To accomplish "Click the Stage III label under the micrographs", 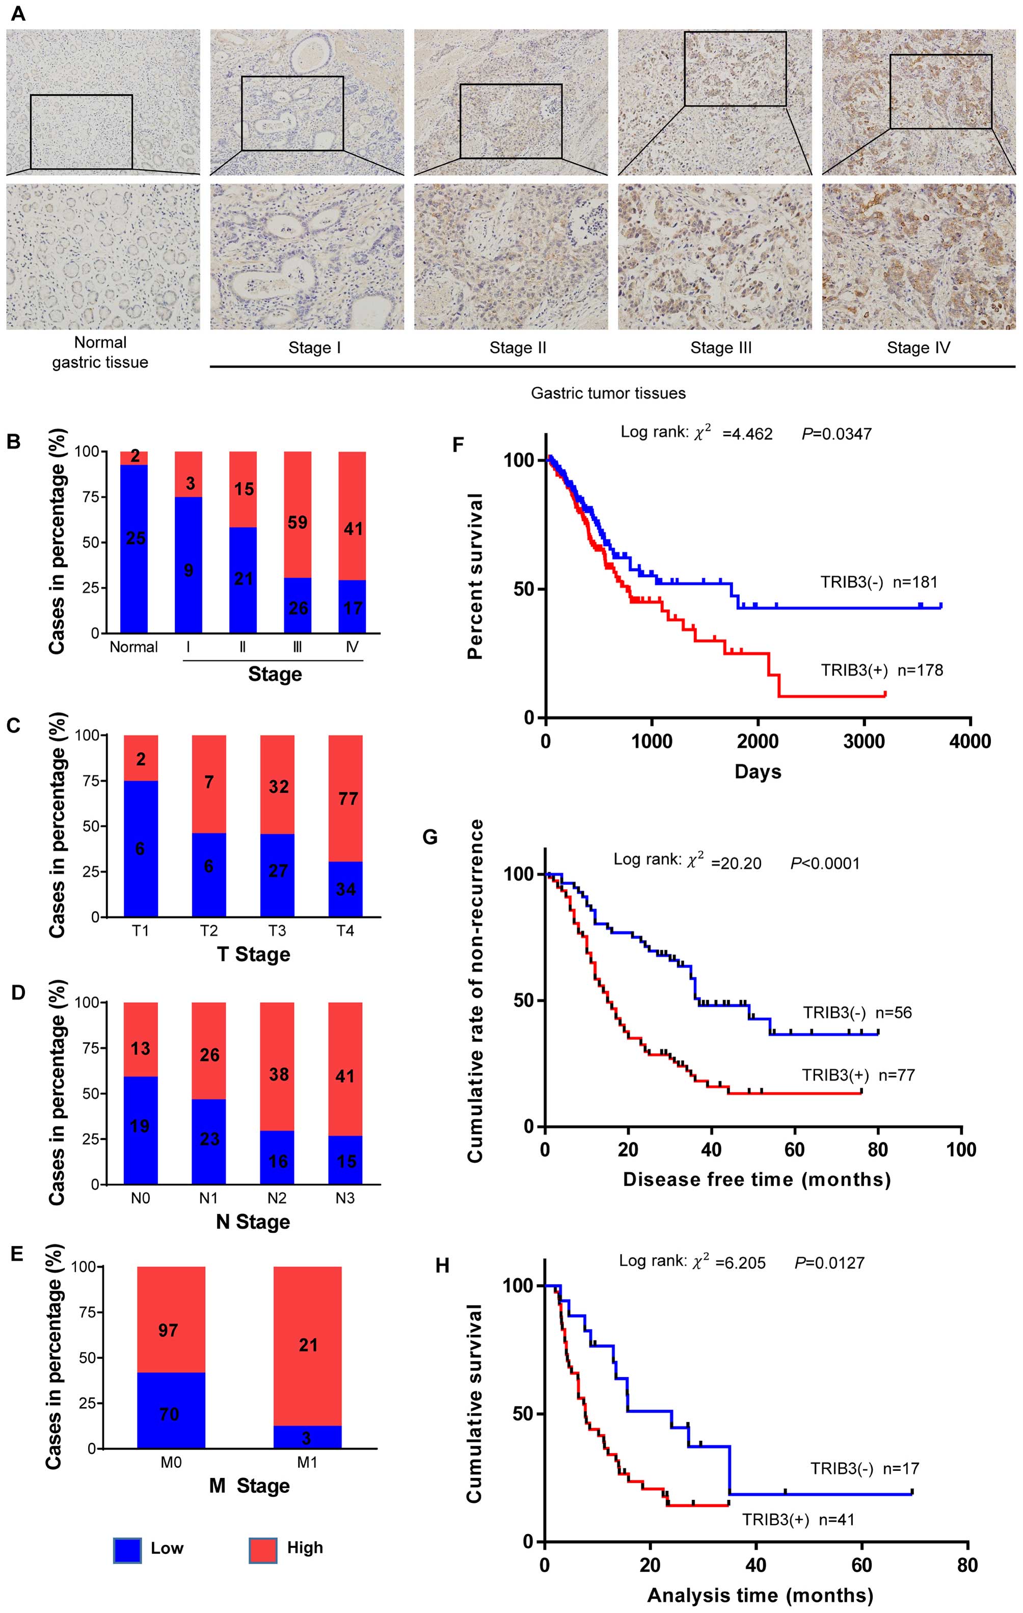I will [721, 348].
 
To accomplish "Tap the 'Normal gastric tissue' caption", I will [100, 353].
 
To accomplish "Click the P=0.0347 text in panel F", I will [836, 434].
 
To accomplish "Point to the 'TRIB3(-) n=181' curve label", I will [879, 582].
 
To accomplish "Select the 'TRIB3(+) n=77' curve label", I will [858, 1075].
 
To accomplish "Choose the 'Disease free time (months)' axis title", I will [757, 1179].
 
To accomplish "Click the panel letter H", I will [442, 1266].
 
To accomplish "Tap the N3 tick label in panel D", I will [345, 1198].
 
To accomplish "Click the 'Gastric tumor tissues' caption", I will [608, 393].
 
